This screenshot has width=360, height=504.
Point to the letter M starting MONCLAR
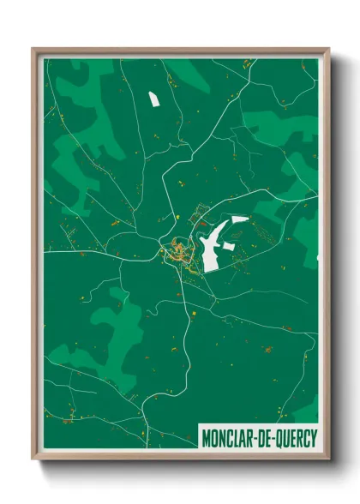207,437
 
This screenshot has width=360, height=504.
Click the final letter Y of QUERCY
313,437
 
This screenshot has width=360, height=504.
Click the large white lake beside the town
212,249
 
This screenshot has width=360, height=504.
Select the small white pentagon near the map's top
154,99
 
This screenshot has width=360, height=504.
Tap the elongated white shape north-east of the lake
239,219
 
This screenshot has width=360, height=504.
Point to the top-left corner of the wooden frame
33,50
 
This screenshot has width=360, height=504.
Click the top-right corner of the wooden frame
328,50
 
